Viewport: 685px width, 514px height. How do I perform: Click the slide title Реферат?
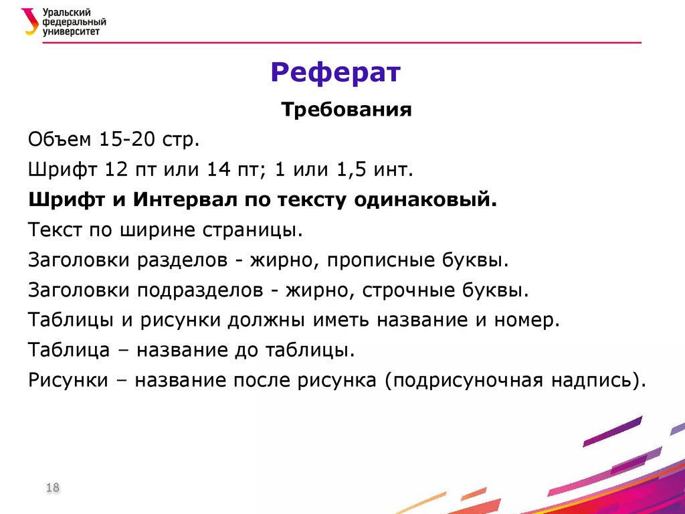336,72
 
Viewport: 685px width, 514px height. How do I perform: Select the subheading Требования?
346,110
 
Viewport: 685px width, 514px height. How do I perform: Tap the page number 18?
53,488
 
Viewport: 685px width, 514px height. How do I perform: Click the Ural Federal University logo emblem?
31,21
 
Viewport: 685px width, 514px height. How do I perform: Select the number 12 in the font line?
115,170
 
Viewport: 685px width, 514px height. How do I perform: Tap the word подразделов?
201,290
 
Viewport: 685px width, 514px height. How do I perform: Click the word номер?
524,321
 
